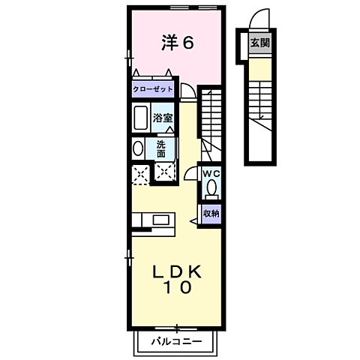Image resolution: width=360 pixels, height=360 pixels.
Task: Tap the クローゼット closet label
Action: click(x=152, y=89)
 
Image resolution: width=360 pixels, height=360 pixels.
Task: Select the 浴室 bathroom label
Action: click(x=163, y=118)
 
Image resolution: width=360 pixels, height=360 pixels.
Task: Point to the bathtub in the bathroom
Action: click(x=141, y=118)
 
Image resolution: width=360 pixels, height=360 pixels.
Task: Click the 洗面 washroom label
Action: click(x=162, y=147)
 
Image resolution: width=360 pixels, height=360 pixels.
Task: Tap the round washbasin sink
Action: click(x=137, y=148)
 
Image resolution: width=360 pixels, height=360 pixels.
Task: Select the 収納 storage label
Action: click(x=211, y=213)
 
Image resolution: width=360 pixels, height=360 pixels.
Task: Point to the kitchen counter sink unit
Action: click(x=154, y=220)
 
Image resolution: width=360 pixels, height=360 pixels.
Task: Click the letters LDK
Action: click(x=178, y=271)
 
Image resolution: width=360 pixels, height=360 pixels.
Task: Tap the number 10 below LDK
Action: click(x=178, y=287)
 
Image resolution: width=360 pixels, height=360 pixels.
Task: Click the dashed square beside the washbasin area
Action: click(x=163, y=173)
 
